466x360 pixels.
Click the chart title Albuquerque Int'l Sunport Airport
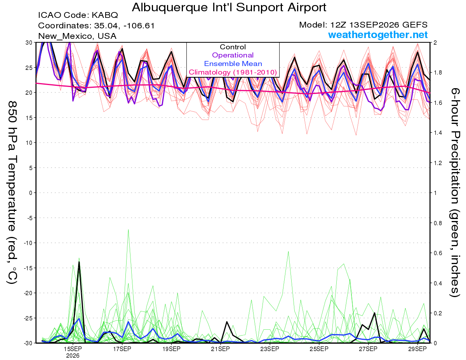pyautogui.click(x=229, y=7)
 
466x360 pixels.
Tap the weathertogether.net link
pyautogui.click(x=377, y=35)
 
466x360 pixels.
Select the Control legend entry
pyautogui.click(x=233, y=47)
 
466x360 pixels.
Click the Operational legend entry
pyautogui.click(x=233, y=55)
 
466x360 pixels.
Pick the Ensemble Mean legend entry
pyautogui.click(x=233, y=64)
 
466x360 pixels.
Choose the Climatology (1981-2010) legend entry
pyautogui.click(x=233, y=72)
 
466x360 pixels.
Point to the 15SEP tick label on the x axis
pyautogui.click(x=73, y=349)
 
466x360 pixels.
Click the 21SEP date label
pyautogui.click(x=220, y=349)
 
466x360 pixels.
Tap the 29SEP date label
pyautogui.click(x=417, y=349)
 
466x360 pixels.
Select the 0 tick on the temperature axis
pyautogui.click(x=31, y=193)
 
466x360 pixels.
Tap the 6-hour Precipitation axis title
pyautogui.click(x=455, y=192)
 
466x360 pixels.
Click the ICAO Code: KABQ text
pyautogui.click(x=78, y=15)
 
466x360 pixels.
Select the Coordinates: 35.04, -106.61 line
pyautogui.click(x=96, y=26)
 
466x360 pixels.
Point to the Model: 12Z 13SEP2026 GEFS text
pyautogui.click(x=363, y=25)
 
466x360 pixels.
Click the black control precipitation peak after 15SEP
pyautogui.click(x=79, y=262)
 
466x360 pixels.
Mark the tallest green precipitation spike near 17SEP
pyautogui.click(x=128, y=230)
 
